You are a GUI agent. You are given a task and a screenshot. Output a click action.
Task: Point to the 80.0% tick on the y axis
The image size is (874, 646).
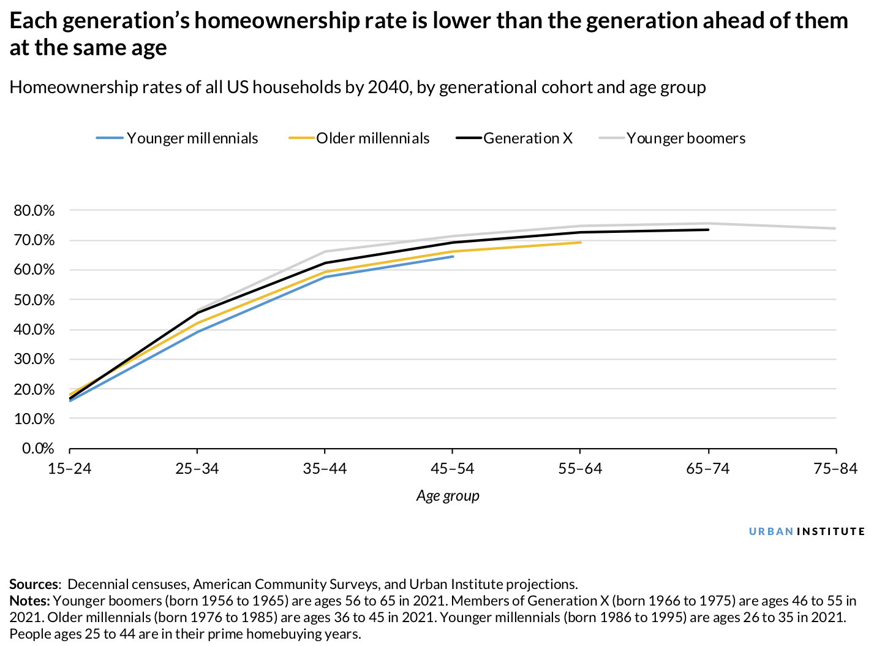pos(34,211)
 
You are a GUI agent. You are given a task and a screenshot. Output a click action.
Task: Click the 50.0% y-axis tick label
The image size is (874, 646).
pos(34,300)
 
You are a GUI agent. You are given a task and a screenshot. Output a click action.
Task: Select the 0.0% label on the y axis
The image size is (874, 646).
pos(38,449)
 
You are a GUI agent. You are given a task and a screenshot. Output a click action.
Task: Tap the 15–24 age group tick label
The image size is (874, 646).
pos(69,469)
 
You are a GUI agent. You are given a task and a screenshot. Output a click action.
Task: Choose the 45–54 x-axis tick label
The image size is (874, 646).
pos(453,469)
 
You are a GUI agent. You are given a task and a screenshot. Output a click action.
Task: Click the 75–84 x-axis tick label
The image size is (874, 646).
pos(835,469)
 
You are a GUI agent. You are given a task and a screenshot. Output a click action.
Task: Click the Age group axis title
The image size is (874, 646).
pos(448,496)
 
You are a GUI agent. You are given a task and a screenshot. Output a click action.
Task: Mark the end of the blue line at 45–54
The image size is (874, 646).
pos(453,256)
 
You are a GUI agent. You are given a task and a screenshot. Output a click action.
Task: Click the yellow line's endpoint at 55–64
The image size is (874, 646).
pos(580,242)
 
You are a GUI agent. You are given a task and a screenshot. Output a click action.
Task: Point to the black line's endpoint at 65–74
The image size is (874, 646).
pos(708,230)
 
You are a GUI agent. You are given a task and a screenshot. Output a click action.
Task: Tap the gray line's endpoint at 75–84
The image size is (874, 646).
pos(835,229)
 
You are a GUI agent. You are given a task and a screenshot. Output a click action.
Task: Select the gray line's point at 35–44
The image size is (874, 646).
pos(325,251)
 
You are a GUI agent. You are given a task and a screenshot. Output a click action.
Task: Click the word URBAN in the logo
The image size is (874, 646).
pos(771,531)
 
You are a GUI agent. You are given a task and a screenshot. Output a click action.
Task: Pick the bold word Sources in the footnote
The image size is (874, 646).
pos(34,584)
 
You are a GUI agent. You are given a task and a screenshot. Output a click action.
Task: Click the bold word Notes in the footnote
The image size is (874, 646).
pos(29,601)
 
